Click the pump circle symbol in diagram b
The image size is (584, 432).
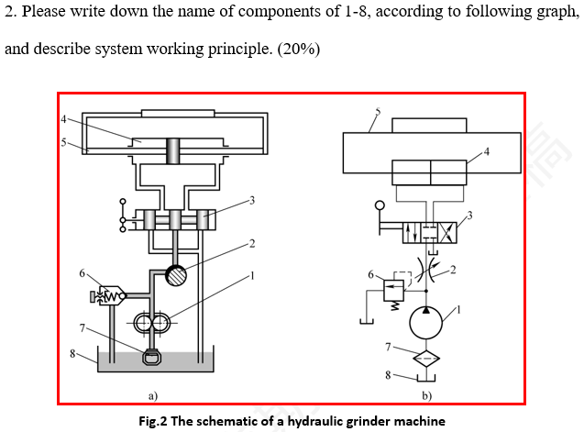click(x=425, y=321)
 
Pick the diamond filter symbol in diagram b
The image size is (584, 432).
click(x=425, y=356)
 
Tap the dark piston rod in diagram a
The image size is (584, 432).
click(x=172, y=150)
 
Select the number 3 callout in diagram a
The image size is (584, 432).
click(x=251, y=199)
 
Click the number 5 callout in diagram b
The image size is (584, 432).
click(x=378, y=112)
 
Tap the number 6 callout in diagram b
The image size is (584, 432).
click(x=370, y=274)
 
